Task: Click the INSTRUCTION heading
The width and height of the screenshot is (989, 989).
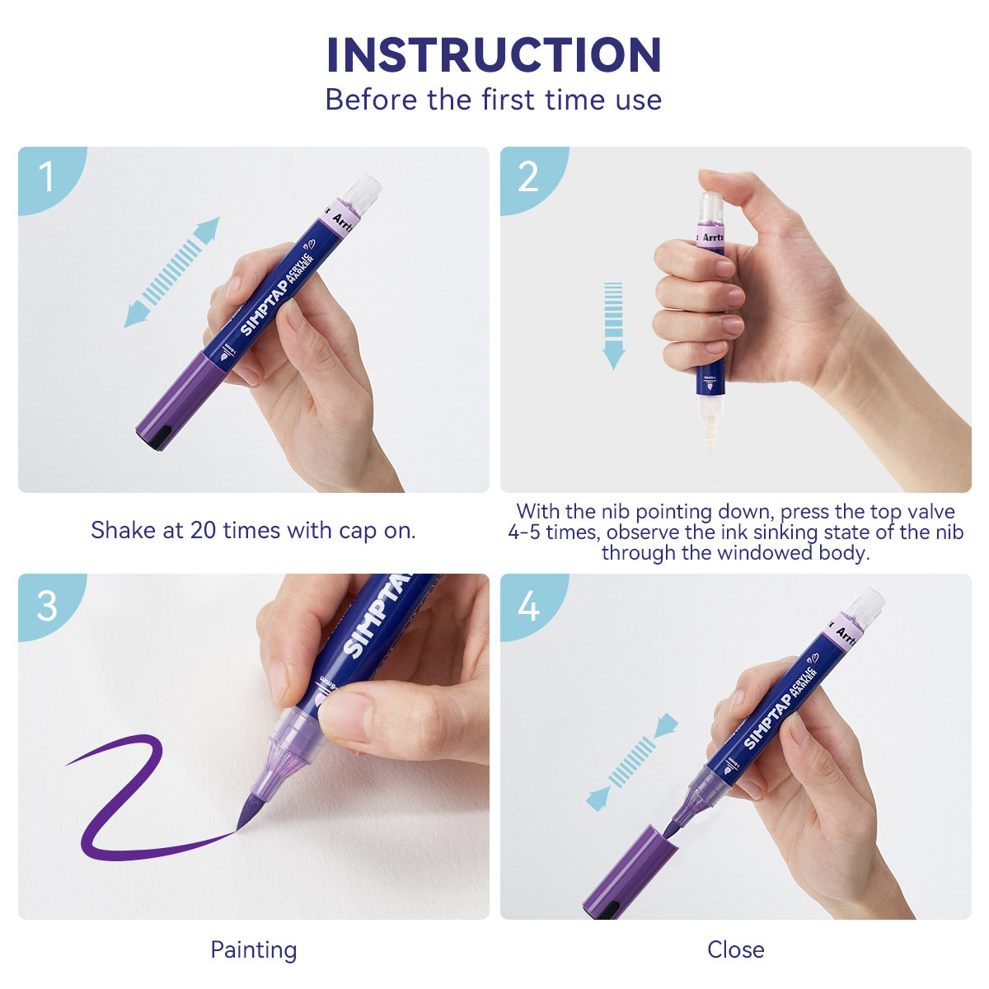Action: (x=494, y=55)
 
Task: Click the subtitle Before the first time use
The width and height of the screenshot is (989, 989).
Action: (x=494, y=100)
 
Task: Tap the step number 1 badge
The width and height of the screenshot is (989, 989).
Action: (x=46, y=176)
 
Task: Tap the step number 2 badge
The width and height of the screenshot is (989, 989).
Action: (x=527, y=176)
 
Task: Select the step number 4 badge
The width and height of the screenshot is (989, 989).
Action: (x=528, y=605)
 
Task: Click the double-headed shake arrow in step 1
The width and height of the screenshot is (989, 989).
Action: (x=172, y=272)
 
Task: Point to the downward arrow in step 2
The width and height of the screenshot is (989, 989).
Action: (x=614, y=325)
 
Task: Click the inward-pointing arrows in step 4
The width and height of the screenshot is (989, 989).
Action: (x=632, y=762)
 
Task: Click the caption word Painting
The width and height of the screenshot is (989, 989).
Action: (x=253, y=949)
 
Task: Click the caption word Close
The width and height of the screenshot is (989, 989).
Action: (x=735, y=949)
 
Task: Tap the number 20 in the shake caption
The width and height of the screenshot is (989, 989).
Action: (x=203, y=530)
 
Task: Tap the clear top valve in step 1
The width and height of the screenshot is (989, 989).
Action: (x=361, y=193)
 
